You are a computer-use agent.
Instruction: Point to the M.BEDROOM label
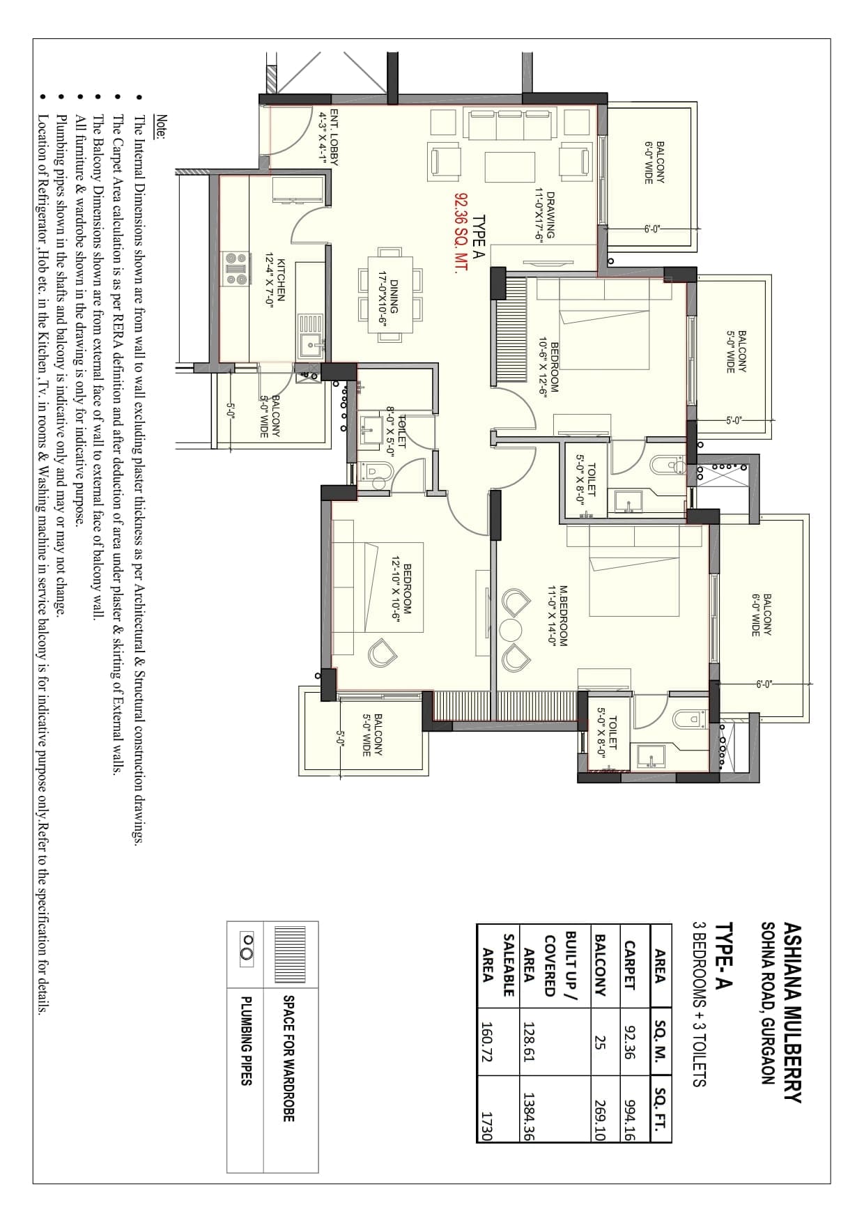pos(558,616)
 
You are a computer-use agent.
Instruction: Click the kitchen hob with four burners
pos(236,268)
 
